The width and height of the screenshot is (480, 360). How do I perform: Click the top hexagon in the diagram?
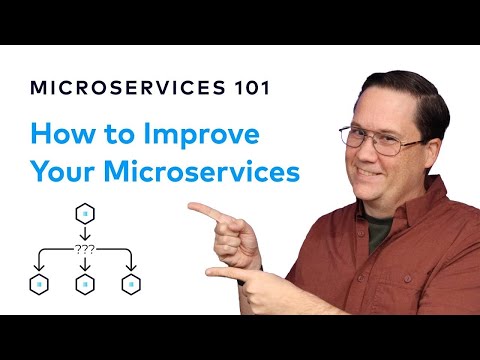point(85,214)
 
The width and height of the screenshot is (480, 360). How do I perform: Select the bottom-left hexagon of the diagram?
point(38,284)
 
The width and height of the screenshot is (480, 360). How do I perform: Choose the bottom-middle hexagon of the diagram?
point(85,284)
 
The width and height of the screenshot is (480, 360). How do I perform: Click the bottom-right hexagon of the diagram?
point(131,284)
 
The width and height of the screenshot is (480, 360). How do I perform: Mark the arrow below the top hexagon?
point(85,233)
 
